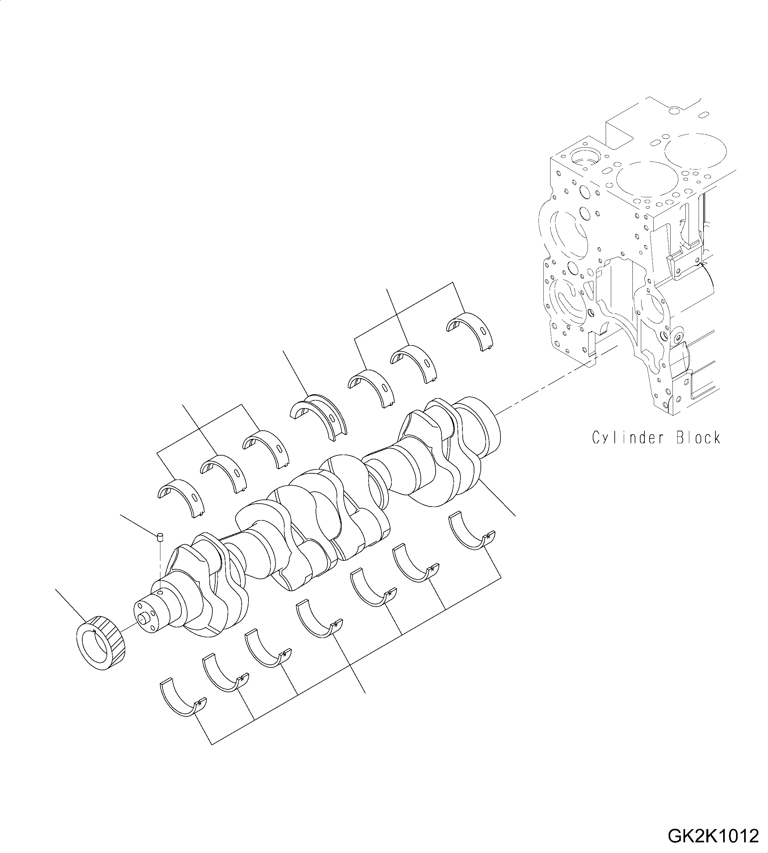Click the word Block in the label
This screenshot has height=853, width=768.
pos(698,438)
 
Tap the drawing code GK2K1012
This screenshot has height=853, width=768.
pos(713,836)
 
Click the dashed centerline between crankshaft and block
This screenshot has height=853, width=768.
pos(549,386)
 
